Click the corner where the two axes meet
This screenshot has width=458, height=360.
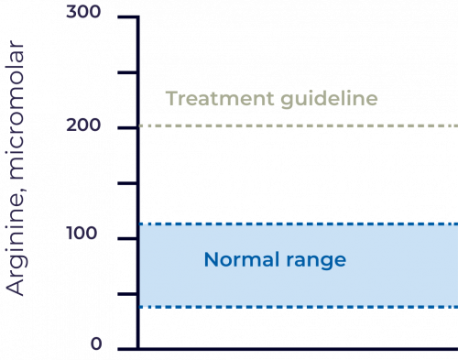[137, 348]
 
